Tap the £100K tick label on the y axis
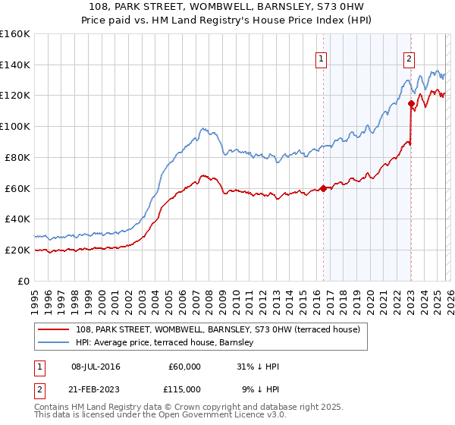coord(15,126)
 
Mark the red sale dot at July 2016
coord(323,188)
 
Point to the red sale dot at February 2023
coord(411,103)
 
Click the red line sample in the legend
coord(55,329)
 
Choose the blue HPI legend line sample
coord(55,342)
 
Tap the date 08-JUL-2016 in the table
coord(96,367)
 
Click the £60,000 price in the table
coord(184,367)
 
